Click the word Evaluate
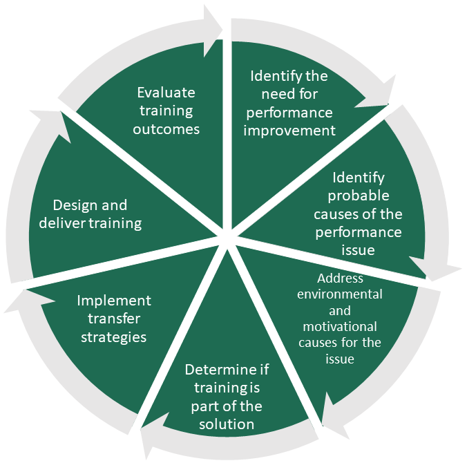166,93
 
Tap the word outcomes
166,129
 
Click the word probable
358,196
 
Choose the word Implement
114,301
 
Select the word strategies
114,337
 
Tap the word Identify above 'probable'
358,178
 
